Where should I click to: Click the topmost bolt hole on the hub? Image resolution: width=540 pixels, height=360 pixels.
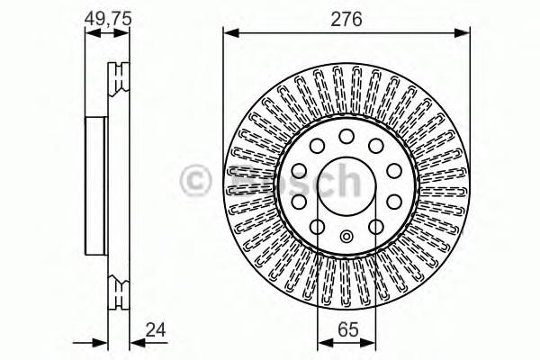(346, 136)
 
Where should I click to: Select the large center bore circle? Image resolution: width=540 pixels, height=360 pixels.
(346, 186)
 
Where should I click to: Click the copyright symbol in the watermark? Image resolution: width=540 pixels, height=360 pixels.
(196, 181)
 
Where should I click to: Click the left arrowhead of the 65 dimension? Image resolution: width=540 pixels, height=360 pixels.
(321, 341)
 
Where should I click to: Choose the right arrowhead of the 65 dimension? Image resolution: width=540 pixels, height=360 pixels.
(372, 341)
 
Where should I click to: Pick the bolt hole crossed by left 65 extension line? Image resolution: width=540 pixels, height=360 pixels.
(318, 227)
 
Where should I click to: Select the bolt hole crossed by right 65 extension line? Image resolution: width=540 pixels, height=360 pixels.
(375, 227)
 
